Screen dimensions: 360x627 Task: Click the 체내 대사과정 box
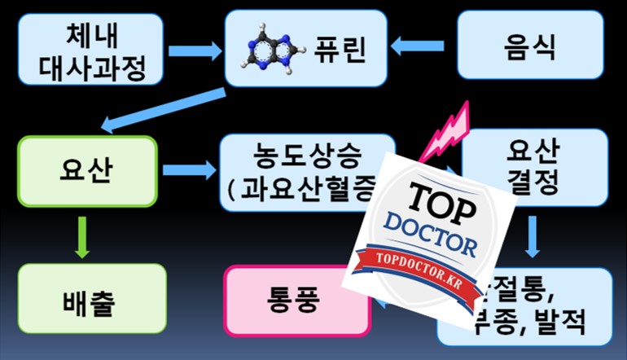point(90,50)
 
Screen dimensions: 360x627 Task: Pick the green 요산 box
point(86,170)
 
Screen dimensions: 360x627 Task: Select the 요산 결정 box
point(533,167)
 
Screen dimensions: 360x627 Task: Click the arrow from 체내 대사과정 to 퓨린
point(196,50)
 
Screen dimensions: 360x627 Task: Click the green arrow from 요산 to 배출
point(81,236)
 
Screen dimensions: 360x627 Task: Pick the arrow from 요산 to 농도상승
point(188,170)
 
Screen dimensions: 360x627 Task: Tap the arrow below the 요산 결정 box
point(533,237)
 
